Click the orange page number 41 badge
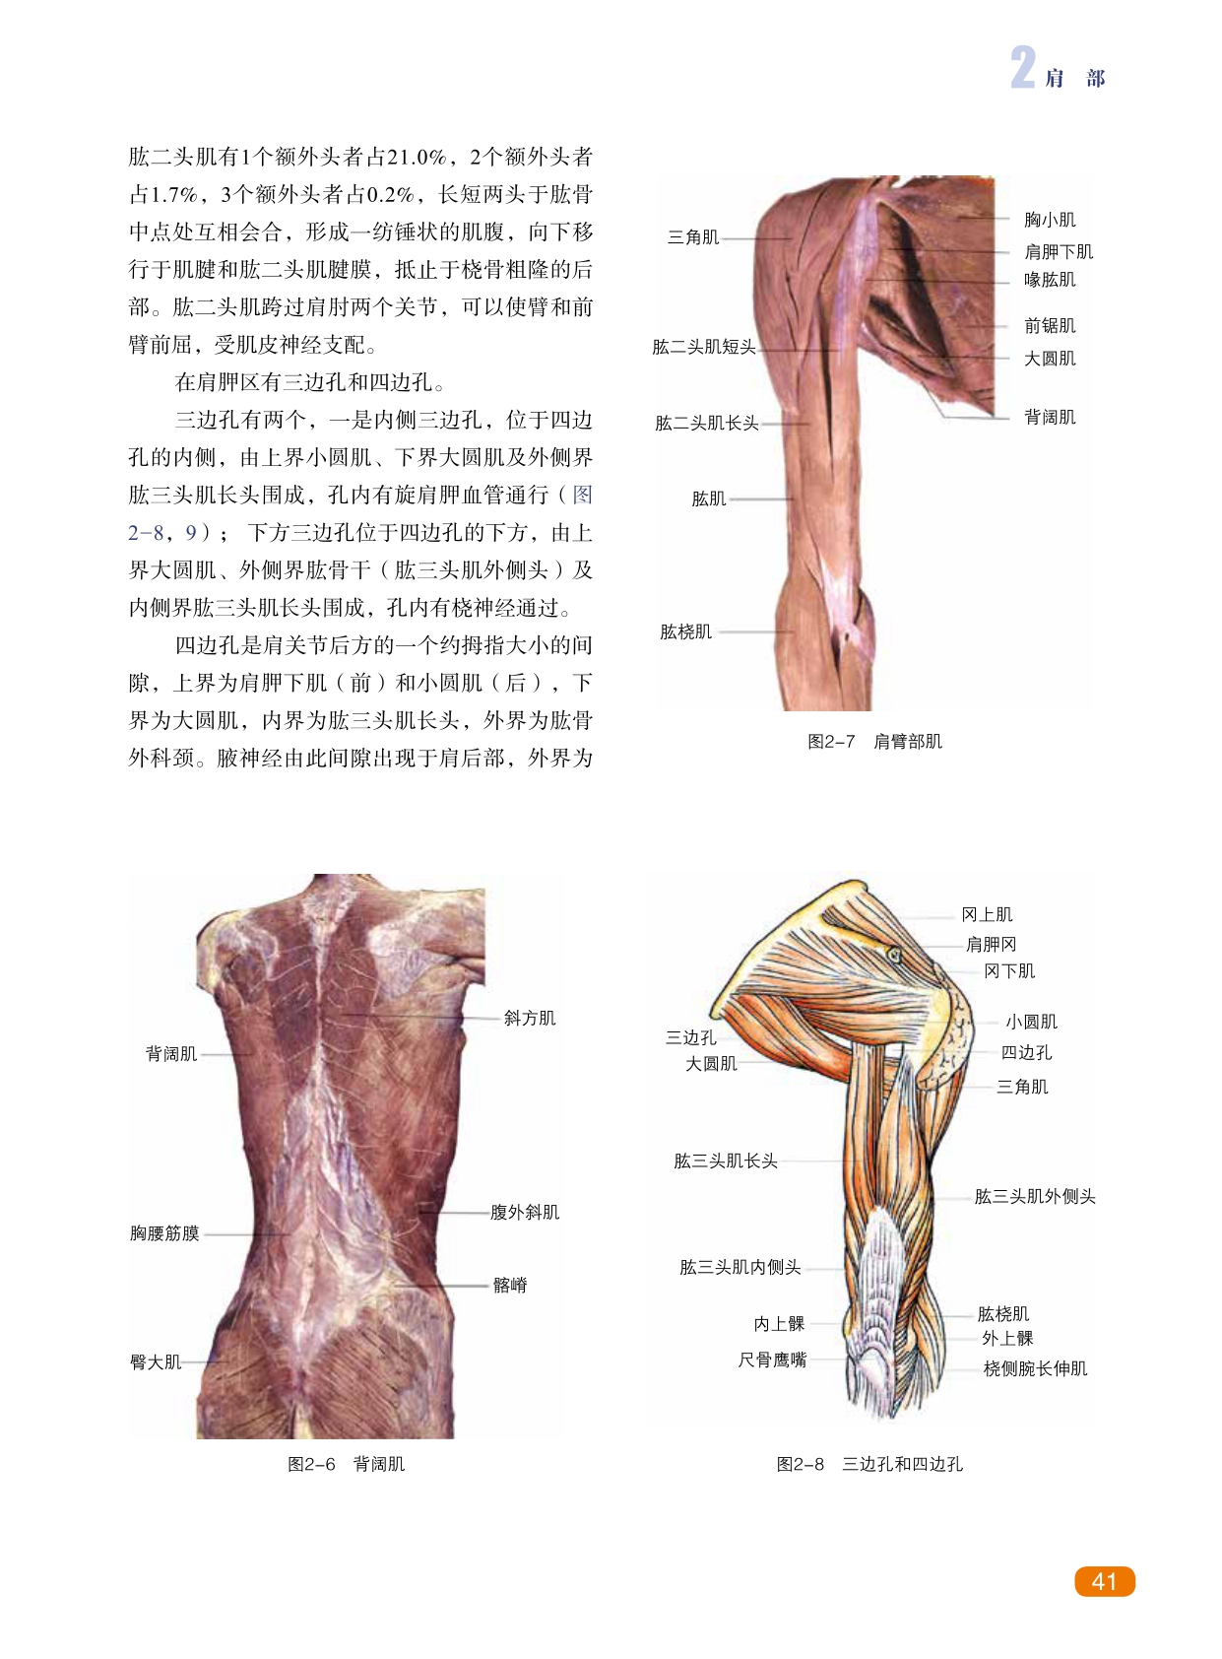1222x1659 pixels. click(x=1104, y=1581)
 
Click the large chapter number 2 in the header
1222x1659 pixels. click(x=1023, y=68)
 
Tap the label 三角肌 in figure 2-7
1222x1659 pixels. click(x=693, y=237)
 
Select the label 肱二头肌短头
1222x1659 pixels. click(x=703, y=347)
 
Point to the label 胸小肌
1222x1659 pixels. click(x=1050, y=220)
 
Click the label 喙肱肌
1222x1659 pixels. click(x=1050, y=280)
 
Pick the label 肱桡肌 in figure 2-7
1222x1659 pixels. click(x=685, y=631)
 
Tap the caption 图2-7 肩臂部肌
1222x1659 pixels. click(x=874, y=742)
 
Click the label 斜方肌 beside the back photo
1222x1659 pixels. click(x=530, y=1019)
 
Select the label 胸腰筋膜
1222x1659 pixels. click(x=164, y=1233)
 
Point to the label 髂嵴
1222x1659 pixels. click(x=510, y=1286)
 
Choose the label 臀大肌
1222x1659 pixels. click(x=156, y=1362)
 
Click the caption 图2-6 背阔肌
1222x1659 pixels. click(x=346, y=1465)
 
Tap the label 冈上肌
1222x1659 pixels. click(x=987, y=915)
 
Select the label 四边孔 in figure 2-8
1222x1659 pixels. click(x=1026, y=1053)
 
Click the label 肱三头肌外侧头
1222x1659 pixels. click(x=1035, y=1197)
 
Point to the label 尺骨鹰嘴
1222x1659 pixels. click(x=772, y=1360)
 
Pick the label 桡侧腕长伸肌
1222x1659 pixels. click(x=1035, y=1369)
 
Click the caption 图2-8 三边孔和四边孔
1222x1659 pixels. click(x=869, y=1465)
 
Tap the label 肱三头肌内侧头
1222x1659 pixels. click(x=740, y=1268)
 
